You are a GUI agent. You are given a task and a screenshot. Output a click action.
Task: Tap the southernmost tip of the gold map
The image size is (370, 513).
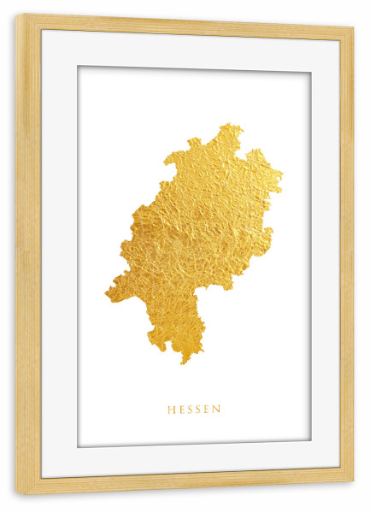pyautogui.click(x=182, y=363)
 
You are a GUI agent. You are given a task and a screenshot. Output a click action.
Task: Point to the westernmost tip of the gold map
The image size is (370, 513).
pyautogui.click(x=107, y=295)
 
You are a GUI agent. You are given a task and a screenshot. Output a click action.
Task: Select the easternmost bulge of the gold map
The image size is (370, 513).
pyautogui.click(x=280, y=181)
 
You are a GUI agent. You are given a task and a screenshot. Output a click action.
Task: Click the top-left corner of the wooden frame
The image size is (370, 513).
pyautogui.click(x=16, y=15)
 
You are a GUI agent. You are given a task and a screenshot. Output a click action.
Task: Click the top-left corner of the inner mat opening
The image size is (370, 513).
pyautogui.click(x=78, y=66)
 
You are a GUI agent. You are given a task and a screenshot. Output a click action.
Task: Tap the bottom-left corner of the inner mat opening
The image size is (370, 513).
pyautogui.click(x=79, y=446)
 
